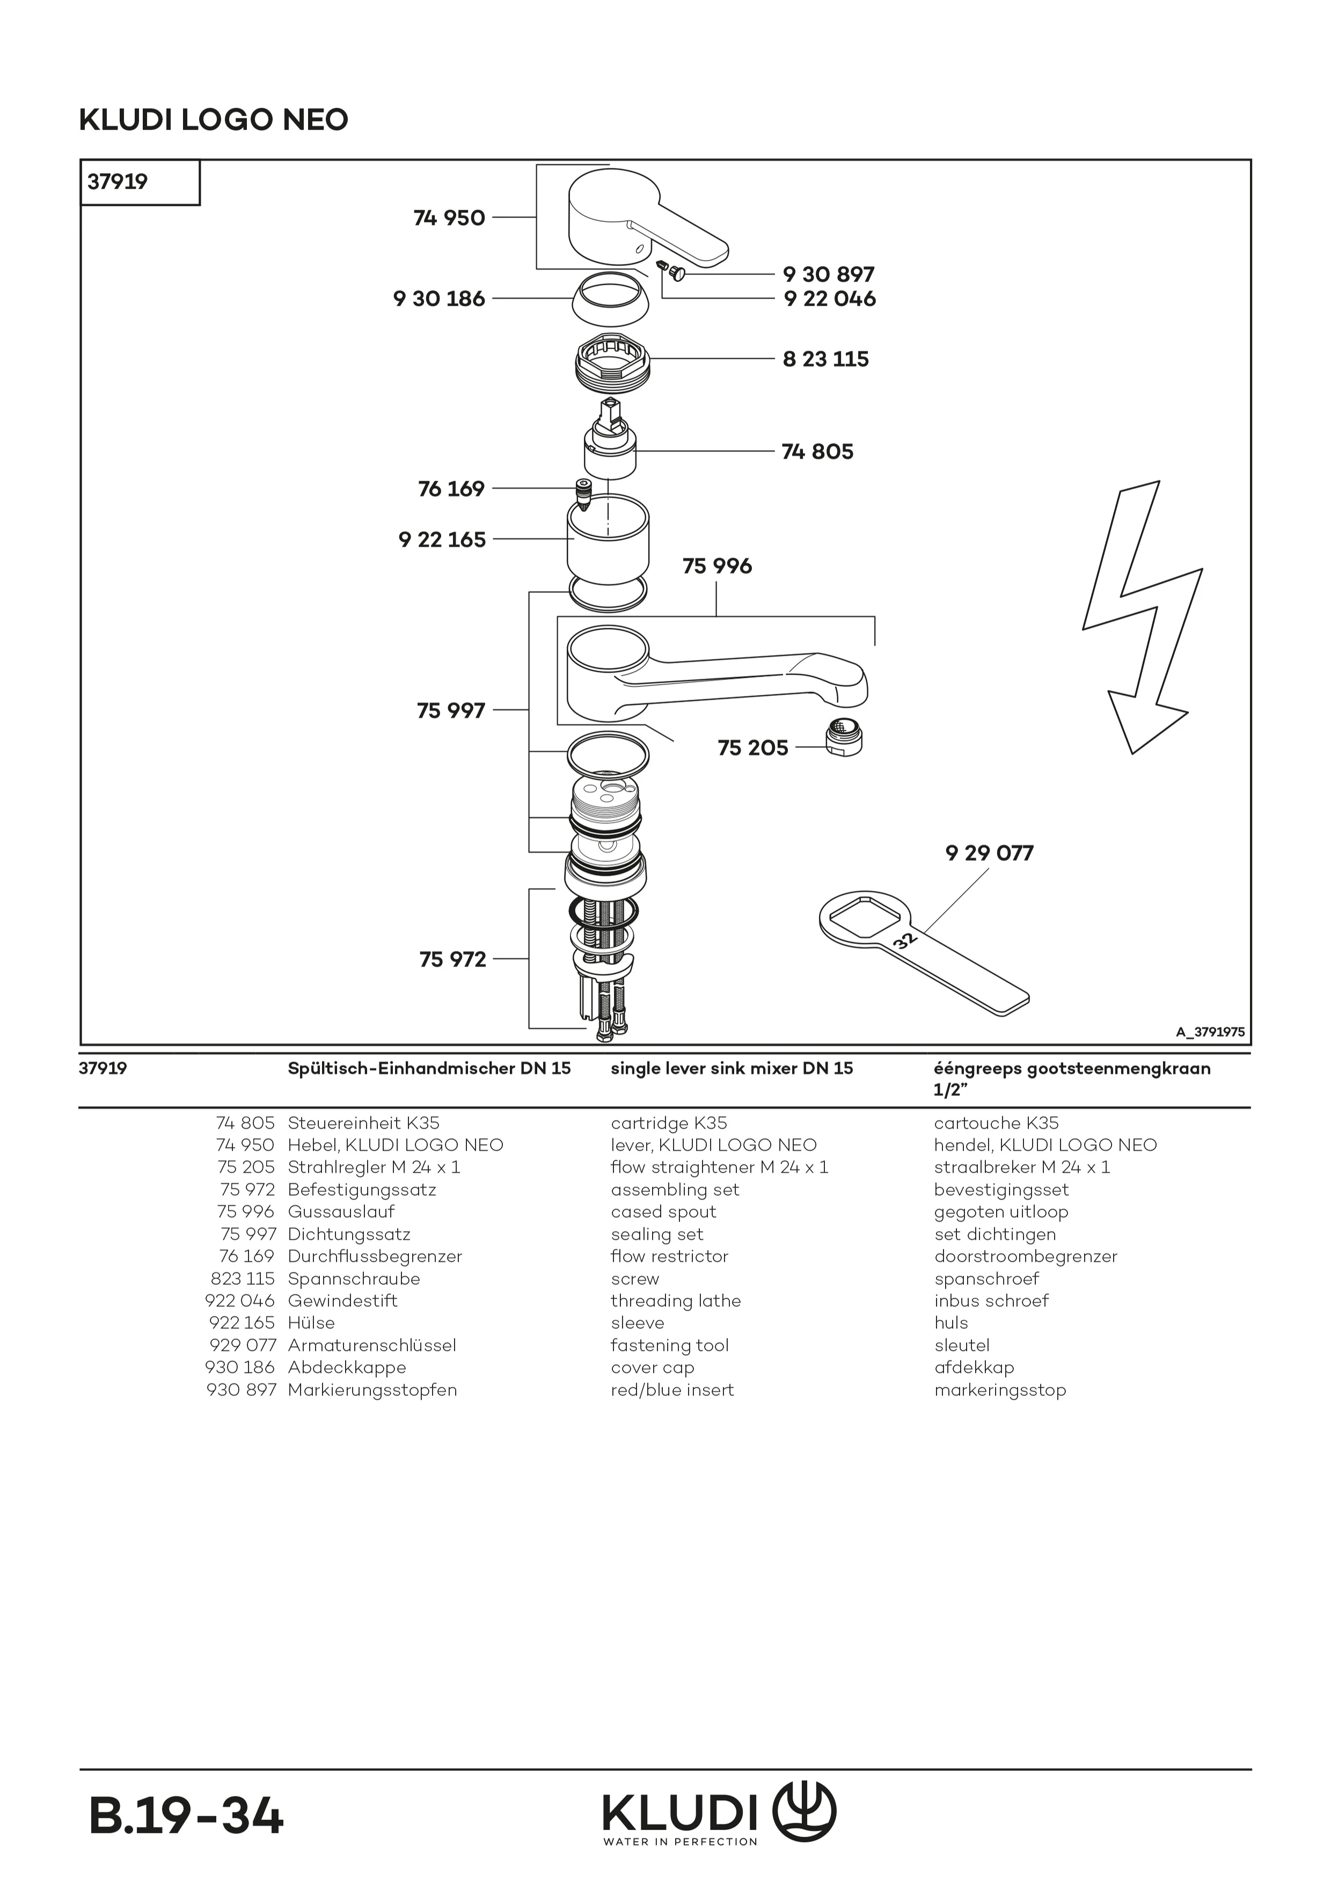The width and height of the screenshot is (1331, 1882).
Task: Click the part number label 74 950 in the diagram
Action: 449,218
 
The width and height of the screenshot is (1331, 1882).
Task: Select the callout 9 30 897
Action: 828,275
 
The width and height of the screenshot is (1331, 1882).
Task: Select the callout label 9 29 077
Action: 989,854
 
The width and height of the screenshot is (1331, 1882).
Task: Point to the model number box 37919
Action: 118,182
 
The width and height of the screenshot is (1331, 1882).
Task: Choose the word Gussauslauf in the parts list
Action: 341,1211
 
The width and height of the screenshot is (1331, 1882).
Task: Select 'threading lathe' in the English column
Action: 675,1301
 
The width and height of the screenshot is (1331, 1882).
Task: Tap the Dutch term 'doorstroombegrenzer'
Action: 1025,1256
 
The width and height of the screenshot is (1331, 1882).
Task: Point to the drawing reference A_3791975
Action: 1210,1032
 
